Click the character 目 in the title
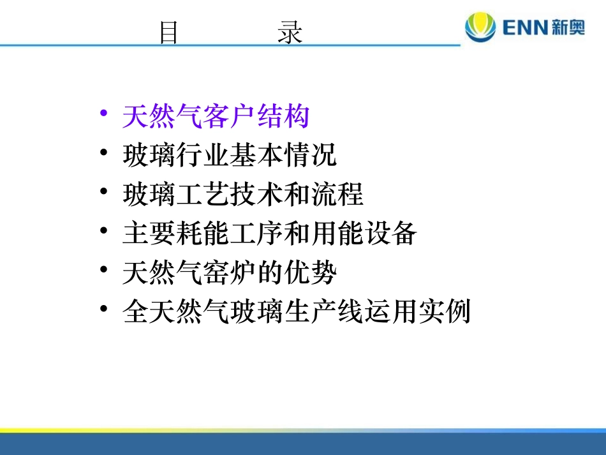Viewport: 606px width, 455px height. coord(168,33)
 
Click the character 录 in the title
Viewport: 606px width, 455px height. coord(290,33)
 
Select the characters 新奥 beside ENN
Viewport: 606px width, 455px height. coord(569,28)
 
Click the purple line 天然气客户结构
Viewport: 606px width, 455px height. coord(216,117)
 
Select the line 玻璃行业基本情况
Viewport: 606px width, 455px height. coord(230,156)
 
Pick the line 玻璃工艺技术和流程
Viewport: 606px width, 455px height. coord(243,195)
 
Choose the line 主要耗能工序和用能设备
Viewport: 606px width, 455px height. coord(270,234)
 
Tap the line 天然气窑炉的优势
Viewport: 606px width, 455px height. coord(230,274)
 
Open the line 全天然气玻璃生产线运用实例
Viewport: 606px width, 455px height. coord(297,313)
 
